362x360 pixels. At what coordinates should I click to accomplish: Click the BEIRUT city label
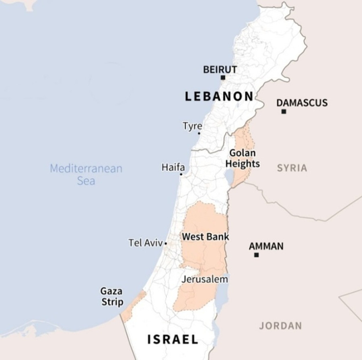point(220,69)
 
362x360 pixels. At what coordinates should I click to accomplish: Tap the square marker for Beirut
point(223,78)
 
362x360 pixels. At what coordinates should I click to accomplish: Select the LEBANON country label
point(219,97)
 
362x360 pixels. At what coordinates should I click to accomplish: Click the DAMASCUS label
point(302,103)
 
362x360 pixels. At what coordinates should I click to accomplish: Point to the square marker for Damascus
point(284,111)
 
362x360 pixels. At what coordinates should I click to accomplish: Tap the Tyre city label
point(192,126)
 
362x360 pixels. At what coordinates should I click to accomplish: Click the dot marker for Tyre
point(199,133)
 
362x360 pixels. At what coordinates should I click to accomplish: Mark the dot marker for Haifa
point(181,174)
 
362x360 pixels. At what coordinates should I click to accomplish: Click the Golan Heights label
point(242,158)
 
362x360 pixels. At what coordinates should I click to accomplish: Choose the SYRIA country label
point(292,168)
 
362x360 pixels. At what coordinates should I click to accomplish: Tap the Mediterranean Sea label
point(86,174)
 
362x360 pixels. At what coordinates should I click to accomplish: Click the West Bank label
point(206,237)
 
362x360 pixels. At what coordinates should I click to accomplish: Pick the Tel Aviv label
point(146,243)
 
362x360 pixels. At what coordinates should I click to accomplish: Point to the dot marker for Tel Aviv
point(166,243)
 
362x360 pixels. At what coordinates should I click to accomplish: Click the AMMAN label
point(266,246)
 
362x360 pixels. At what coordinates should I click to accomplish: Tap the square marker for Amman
point(256,255)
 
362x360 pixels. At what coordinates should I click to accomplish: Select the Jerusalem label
point(205,279)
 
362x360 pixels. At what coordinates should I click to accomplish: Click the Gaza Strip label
point(112,296)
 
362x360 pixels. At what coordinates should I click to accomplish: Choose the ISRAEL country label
point(173,339)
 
